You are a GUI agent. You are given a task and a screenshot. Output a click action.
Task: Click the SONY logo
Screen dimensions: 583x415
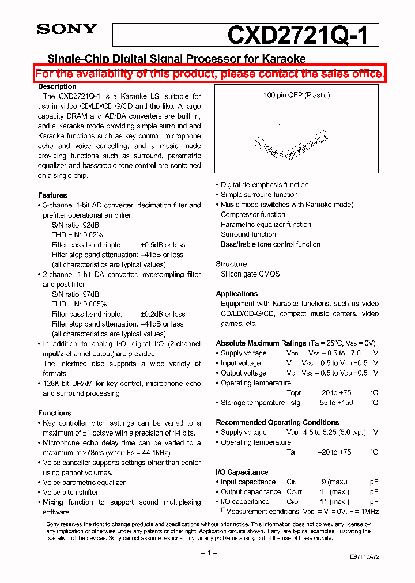(x=67, y=29)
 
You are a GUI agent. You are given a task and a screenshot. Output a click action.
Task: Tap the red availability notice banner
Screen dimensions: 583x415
(x=210, y=74)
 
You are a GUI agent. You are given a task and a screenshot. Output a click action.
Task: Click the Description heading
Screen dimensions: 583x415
(x=57, y=86)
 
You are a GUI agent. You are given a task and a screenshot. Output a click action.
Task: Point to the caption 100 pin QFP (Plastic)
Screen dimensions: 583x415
(x=296, y=95)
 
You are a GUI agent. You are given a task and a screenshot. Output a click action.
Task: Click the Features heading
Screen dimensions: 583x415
(x=52, y=195)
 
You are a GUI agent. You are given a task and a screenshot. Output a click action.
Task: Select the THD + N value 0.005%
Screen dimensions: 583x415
(x=95, y=304)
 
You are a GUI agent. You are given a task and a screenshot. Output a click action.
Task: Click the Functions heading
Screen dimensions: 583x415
(x=55, y=413)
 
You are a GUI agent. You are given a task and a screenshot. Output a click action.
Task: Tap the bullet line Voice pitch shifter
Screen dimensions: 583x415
(x=70, y=493)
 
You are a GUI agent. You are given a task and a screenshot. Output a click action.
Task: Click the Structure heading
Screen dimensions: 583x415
(x=231, y=264)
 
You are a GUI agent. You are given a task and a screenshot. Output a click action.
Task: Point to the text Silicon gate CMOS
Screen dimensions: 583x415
(x=250, y=274)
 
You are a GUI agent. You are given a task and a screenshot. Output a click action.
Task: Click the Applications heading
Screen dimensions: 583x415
(x=236, y=294)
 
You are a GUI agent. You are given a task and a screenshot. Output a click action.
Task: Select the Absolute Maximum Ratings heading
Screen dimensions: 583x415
(x=261, y=343)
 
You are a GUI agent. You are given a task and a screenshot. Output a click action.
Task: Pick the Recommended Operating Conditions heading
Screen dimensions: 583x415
(x=277, y=422)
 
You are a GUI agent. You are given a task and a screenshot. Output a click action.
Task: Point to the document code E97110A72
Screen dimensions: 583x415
(x=364, y=557)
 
